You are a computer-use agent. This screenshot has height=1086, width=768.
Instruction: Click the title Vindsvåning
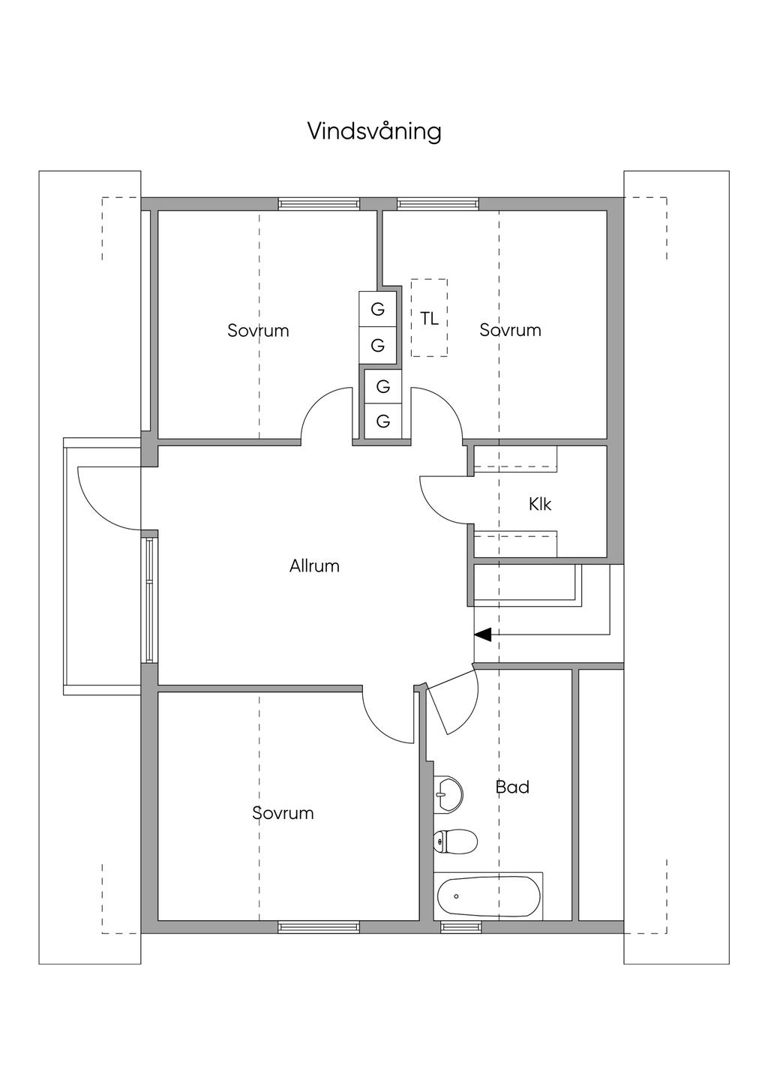374,132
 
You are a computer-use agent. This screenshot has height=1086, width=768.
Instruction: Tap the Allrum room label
314,566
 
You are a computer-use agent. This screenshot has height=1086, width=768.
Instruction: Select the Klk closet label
540,504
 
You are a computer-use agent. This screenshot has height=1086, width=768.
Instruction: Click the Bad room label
512,787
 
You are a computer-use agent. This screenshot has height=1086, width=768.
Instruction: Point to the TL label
429,318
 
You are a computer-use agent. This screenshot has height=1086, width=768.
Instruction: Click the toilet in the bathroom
456,841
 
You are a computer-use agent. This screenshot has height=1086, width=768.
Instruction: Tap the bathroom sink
448,793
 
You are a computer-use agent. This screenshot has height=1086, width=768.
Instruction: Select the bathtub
488,896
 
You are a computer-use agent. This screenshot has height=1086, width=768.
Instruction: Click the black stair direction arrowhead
482,634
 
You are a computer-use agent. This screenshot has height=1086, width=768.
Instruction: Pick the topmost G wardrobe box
378,308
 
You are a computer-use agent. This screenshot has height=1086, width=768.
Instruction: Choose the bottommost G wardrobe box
383,421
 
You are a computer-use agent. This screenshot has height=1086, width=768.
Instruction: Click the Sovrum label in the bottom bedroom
283,813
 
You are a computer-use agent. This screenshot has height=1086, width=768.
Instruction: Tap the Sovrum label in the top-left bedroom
258,330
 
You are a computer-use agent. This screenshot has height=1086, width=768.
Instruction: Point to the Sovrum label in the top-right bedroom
510,330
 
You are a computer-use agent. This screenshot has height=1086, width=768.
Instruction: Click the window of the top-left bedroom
319,202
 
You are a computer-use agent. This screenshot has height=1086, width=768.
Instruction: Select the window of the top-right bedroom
437,202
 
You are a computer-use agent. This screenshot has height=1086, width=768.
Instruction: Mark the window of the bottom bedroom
319,927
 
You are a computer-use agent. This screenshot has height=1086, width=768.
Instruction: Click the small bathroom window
460,927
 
